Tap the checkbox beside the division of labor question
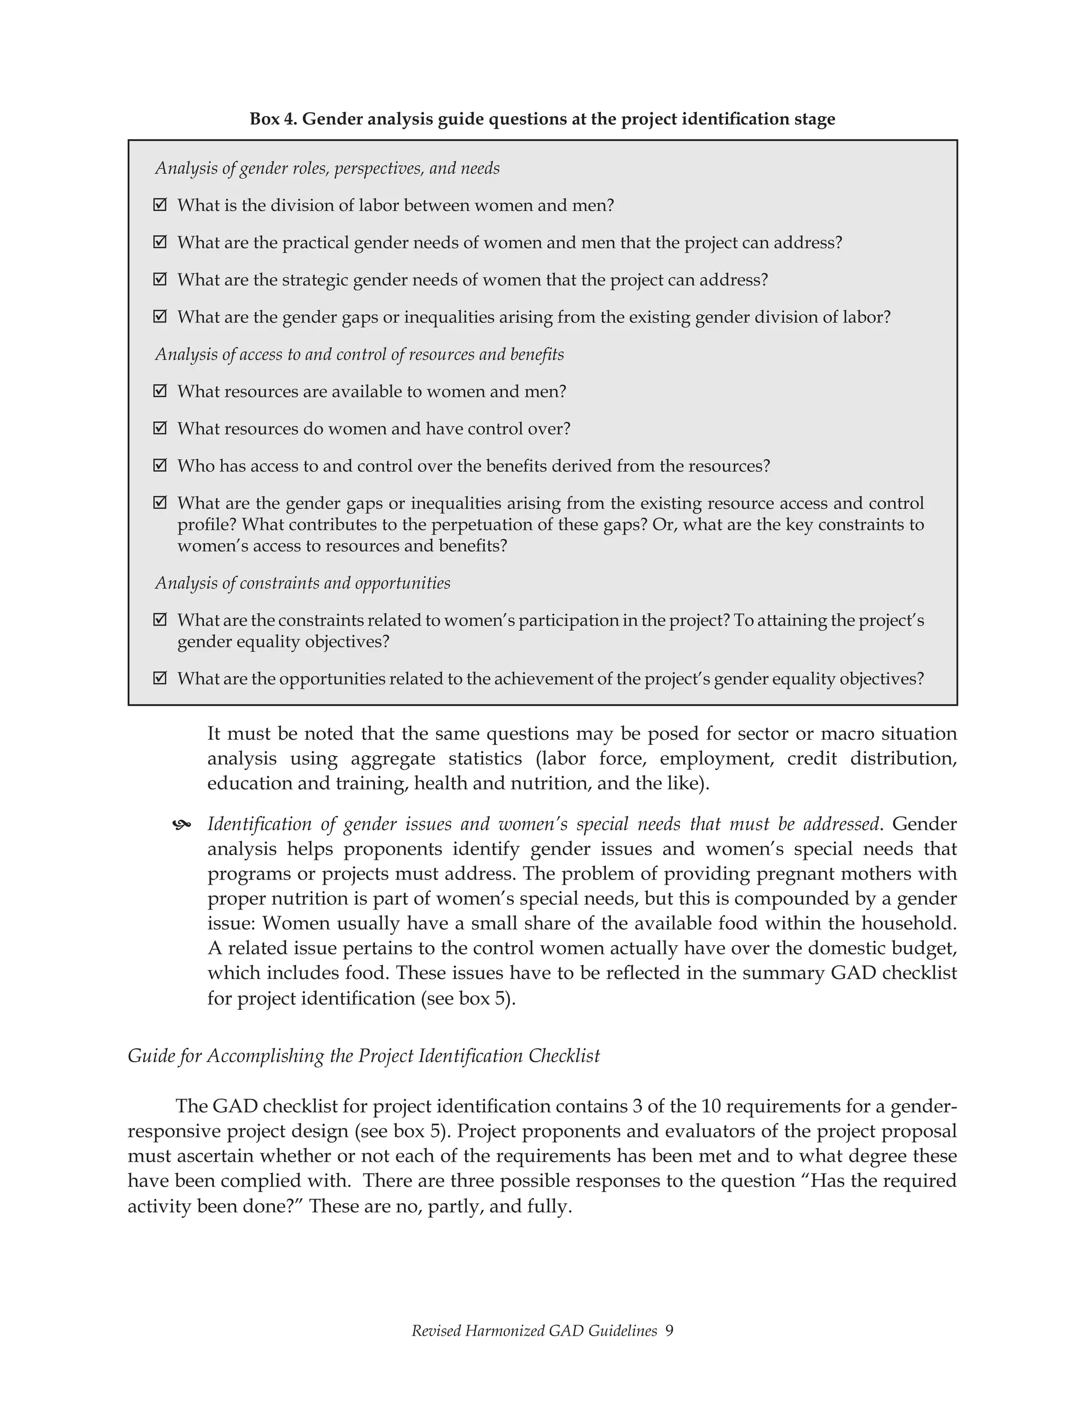pos(160,205)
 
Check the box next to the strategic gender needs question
pos(160,280)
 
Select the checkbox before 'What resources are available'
pos(160,391)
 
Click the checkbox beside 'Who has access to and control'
pos(160,465)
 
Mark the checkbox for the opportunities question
pos(160,678)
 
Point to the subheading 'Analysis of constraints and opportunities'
pos(303,583)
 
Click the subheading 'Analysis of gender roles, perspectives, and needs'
pos(327,168)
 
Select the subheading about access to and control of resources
pos(359,354)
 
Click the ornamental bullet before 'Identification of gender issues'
pos(182,825)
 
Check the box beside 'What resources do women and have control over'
pos(160,428)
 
